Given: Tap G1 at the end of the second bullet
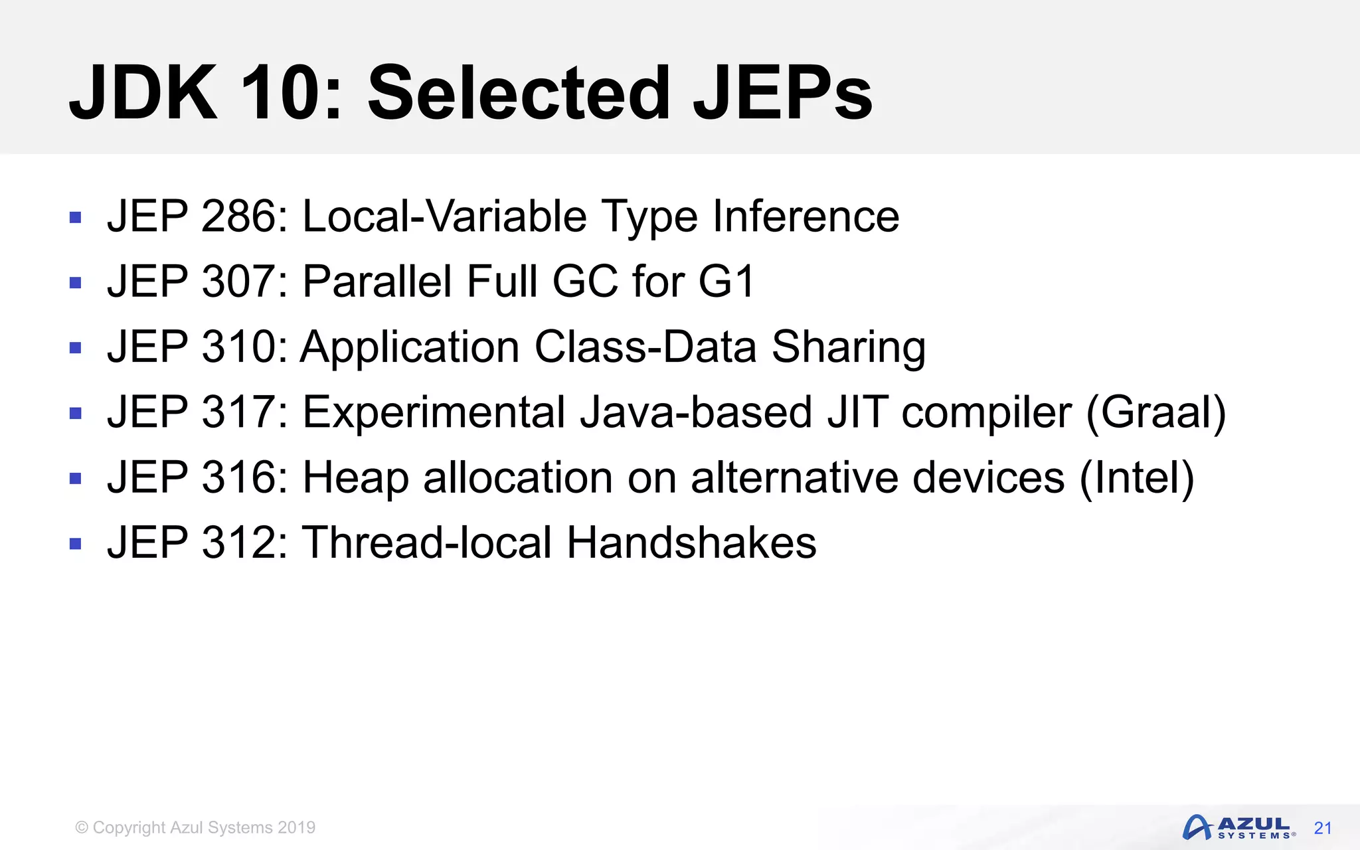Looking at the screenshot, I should [x=726, y=282].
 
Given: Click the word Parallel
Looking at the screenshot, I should [x=377, y=282].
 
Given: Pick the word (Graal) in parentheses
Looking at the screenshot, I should [x=1155, y=412].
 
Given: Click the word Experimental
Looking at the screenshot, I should [x=434, y=412].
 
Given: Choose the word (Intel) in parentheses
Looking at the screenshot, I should [x=1136, y=477].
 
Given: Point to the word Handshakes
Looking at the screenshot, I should [x=691, y=543].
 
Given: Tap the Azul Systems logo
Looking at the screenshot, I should [x=1238, y=828].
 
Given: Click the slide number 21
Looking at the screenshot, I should [x=1323, y=828].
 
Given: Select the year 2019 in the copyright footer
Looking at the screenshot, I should [x=296, y=827].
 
